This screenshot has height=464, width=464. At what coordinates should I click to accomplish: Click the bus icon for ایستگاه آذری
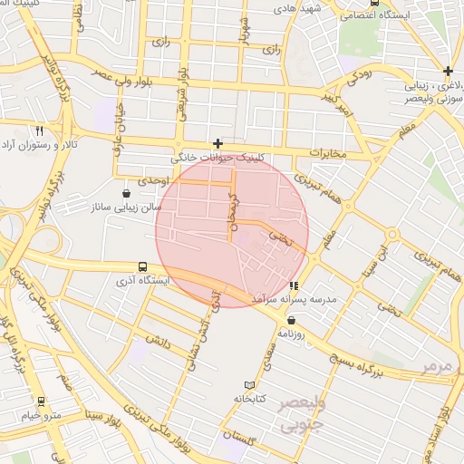(143, 267)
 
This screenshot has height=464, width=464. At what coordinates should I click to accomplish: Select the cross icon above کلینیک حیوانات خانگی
(217, 143)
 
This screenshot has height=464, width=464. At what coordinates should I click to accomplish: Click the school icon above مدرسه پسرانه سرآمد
(293, 286)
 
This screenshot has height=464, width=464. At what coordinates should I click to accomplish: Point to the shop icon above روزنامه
(291, 320)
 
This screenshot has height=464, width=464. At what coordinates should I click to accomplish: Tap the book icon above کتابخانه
(251, 385)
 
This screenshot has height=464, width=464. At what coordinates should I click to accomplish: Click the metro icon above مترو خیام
(40, 401)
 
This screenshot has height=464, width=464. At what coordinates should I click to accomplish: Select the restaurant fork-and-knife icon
(38, 131)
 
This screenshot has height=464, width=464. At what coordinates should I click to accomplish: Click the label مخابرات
(328, 153)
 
